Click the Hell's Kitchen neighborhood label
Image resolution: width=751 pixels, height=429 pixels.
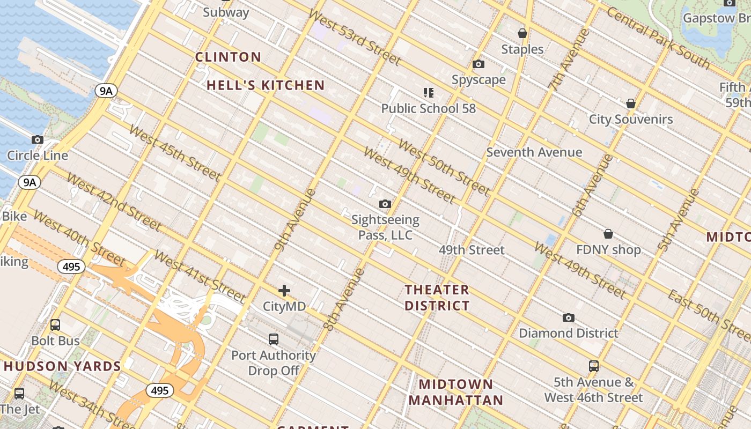pyautogui.click(x=266, y=85)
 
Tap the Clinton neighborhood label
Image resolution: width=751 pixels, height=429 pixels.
pyautogui.click(x=228, y=57)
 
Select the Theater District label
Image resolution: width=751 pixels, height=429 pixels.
pyautogui.click(x=437, y=298)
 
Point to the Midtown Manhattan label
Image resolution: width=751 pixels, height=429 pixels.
pyautogui.click(x=455, y=392)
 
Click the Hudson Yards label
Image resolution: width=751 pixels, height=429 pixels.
pyautogui.click(x=62, y=367)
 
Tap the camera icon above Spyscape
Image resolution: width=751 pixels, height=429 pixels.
pyautogui.click(x=478, y=64)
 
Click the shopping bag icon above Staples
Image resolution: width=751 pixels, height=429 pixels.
pyautogui.click(x=522, y=34)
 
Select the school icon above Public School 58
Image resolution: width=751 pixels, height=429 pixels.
pyautogui.click(x=428, y=93)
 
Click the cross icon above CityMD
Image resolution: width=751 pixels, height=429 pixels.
pyautogui.click(x=284, y=291)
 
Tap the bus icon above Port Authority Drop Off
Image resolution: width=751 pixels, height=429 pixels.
pyautogui.click(x=274, y=339)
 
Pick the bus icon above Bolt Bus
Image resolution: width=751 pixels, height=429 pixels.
pyautogui.click(x=55, y=325)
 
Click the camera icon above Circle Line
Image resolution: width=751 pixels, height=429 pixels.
pyautogui.click(x=37, y=140)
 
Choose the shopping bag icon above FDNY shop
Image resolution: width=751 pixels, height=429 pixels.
pyautogui.click(x=608, y=234)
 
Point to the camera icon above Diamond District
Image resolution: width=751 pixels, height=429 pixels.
pyautogui.click(x=569, y=317)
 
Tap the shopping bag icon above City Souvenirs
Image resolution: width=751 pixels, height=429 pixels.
pyautogui.click(x=631, y=103)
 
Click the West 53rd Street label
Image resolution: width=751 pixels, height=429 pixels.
pyautogui.click(x=355, y=37)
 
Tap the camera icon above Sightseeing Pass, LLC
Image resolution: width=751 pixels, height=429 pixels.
pyautogui.click(x=385, y=204)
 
